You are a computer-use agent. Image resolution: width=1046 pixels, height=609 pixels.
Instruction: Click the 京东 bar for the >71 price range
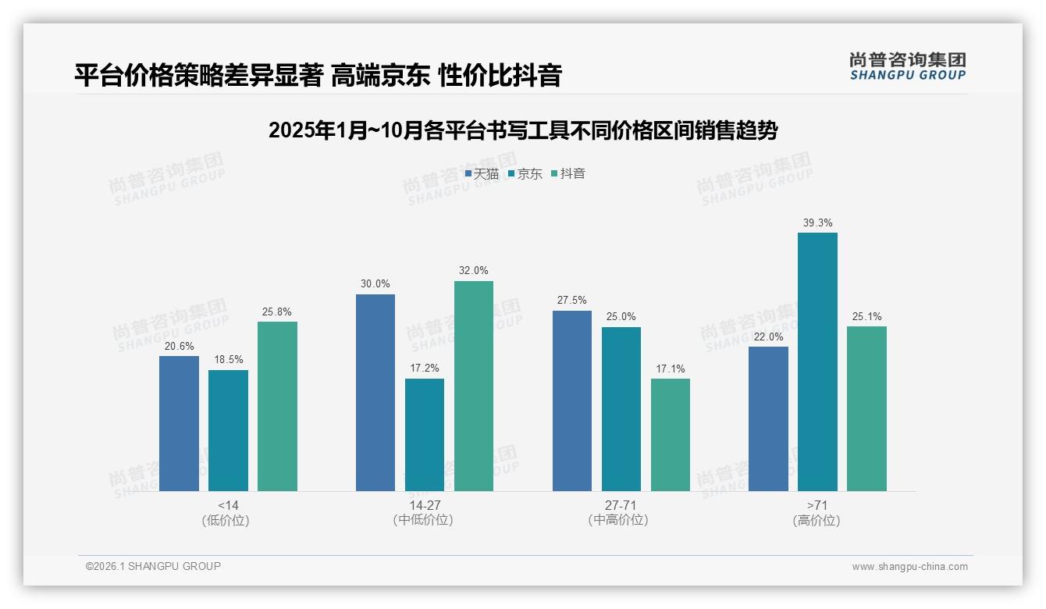coord(817,361)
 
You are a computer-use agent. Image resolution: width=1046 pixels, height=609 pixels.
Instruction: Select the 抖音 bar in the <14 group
coord(277,406)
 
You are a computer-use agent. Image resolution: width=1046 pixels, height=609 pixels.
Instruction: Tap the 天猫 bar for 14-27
coord(375,393)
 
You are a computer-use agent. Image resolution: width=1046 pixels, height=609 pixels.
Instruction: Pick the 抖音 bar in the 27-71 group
coord(671,435)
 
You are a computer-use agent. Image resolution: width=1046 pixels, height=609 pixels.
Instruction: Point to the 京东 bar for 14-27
coord(425,435)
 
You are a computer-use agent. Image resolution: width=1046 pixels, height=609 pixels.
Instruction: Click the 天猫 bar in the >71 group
coord(768,418)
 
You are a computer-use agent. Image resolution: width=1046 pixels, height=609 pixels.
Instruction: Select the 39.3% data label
coord(817,223)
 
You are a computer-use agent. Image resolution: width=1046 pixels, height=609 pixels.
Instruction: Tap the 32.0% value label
coord(474,271)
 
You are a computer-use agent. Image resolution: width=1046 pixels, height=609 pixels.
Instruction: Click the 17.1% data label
coord(671,369)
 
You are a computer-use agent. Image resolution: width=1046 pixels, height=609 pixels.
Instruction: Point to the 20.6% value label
coord(179,347)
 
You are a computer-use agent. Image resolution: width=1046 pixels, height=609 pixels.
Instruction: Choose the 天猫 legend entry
coord(482,174)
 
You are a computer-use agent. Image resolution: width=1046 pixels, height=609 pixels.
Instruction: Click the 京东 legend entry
coord(525,174)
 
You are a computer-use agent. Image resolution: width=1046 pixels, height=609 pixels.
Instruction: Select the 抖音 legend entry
coord(568,174)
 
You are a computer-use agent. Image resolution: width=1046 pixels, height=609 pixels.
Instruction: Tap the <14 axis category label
coord(228,505)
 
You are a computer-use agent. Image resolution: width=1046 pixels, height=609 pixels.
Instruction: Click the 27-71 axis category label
coord(621,505)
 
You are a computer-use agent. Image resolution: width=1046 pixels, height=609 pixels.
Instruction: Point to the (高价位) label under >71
coord(817,520)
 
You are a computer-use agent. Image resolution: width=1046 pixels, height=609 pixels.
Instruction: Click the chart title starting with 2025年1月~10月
coord(522,130)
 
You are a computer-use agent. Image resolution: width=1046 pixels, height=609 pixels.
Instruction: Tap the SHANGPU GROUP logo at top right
coord(907,66)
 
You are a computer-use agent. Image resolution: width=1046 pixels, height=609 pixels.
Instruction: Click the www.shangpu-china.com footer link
coord(909,567)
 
